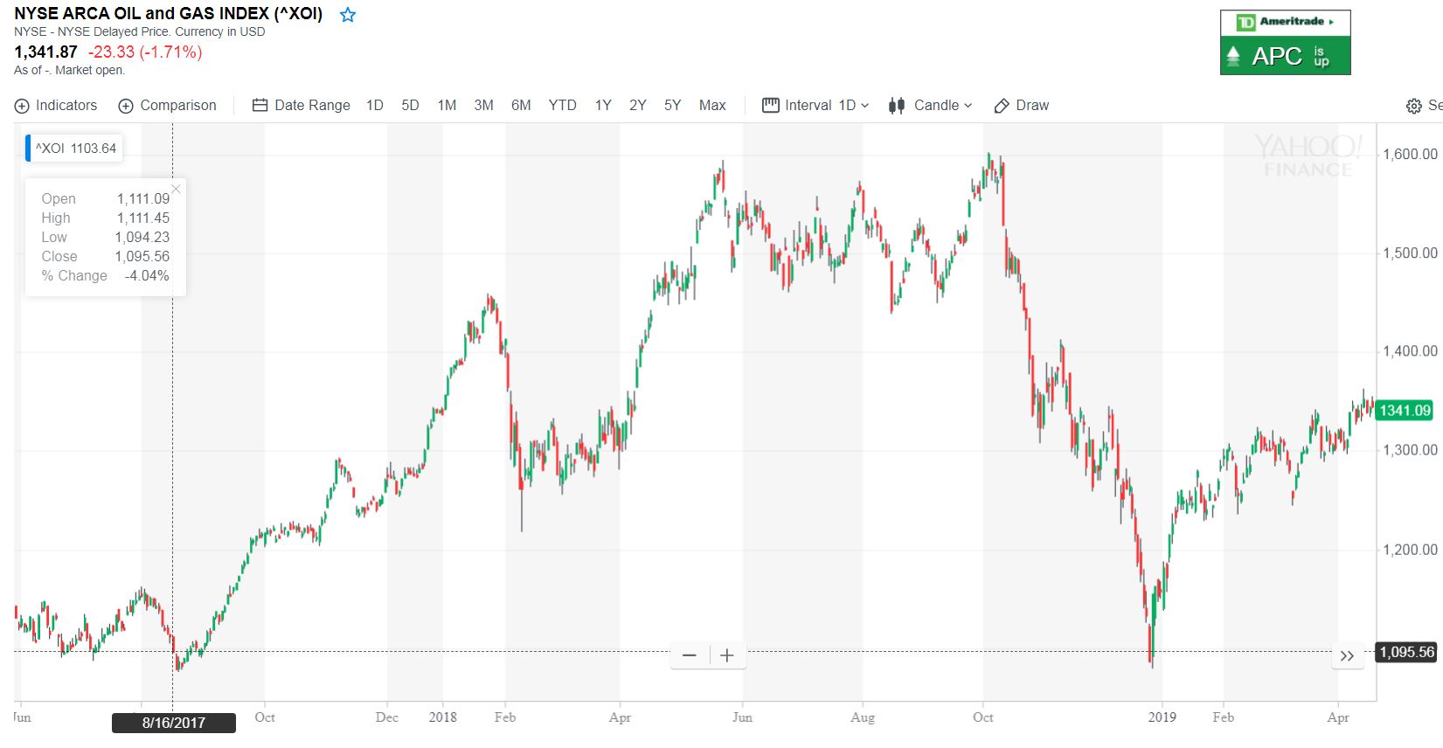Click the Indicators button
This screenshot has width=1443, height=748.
point(56,106)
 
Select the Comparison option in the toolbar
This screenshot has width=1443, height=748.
point(167,106)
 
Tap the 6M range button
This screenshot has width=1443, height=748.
point(521,106)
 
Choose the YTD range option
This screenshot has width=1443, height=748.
point(562,106)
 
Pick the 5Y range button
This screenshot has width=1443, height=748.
point(672,106)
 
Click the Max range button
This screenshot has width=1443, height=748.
point(712,106)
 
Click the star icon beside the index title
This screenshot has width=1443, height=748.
point(348,15)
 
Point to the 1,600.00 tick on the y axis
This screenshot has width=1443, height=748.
point(1410,155)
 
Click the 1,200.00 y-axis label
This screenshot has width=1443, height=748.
point(1410,550)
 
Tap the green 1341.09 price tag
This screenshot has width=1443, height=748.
point(1405,411)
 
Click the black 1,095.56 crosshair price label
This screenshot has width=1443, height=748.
point(1406,652)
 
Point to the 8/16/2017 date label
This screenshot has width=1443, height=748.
point(174,723)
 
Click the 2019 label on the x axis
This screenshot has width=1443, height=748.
point(1162,717)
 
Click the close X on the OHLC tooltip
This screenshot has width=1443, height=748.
point(177,189)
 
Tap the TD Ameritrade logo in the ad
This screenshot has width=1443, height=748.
point(1285,22)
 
